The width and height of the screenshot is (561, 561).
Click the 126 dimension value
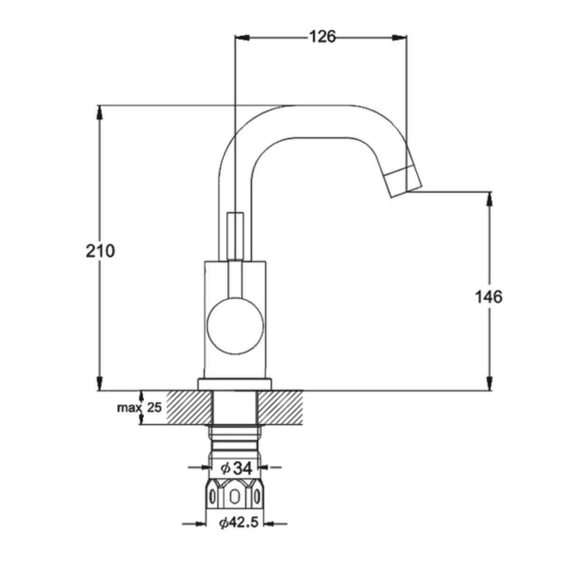(x=322, y=37)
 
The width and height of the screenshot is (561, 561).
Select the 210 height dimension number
(x=101, y=251)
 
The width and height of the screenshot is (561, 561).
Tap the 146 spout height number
(x=489, y=297)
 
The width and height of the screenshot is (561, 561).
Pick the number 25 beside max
(x=154, y=408)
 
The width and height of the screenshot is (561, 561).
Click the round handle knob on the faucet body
(x=235, y=326)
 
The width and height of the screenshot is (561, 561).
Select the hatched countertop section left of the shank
(x=189, y=408)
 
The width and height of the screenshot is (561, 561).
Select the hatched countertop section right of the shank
(x=280, y=408)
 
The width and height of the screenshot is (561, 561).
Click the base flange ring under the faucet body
(x=234, y=384)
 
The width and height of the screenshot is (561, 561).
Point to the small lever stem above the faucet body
(x=235, y=236)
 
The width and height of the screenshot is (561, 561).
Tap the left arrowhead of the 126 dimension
(x=242, y=37)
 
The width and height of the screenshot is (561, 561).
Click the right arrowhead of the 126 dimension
(x=399, y=37)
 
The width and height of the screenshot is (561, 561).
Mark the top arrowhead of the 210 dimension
(x=100, y=112)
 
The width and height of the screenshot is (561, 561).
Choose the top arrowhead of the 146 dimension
(x=490, y=199)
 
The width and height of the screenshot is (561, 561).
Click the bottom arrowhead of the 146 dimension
(x=490, y=383)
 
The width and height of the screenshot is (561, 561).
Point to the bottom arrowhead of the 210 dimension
(x=100, y=383)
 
